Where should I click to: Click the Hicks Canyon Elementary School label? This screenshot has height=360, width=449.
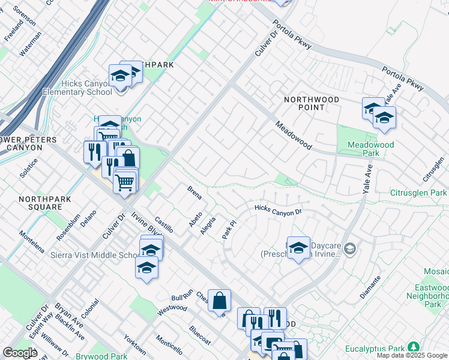click(86, 88)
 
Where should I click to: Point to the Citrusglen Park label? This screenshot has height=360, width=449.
click(418, 193)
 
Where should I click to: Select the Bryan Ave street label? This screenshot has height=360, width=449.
click(64, 314)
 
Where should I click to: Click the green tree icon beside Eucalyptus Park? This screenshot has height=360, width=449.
click(413, 347)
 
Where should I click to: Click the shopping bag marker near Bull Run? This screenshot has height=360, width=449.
click(220, 301)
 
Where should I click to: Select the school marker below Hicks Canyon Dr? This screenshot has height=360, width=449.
click(298, 248)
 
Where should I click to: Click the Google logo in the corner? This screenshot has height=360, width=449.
click(20, 353)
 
